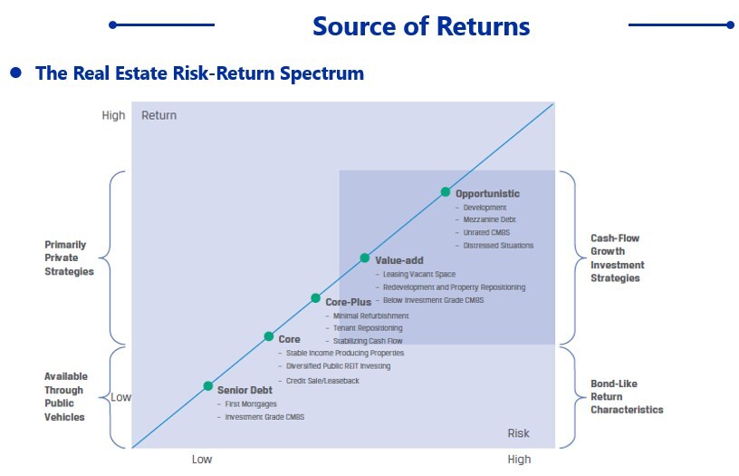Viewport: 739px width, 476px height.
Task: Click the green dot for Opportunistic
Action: (446, 191)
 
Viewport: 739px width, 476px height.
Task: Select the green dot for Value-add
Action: (364, 257)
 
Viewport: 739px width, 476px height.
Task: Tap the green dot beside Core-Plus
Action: (315, 298)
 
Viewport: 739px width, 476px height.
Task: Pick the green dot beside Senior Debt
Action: (208, 386)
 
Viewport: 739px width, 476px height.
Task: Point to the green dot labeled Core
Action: (269, 336)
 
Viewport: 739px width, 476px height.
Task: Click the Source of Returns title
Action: (421, 26)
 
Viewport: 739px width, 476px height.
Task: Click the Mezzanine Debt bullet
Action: (489, 219)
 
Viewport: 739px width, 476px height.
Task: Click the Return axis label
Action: (158, 115)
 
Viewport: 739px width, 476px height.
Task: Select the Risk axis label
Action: (518, 433)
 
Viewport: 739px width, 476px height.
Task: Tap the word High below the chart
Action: (519, 459)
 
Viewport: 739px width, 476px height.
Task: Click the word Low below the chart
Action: (202, 459)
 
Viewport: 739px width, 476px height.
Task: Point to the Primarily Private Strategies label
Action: (69, 257)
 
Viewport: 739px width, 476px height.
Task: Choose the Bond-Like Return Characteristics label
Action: (627, 396)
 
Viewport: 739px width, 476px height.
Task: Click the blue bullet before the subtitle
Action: (16, 73)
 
